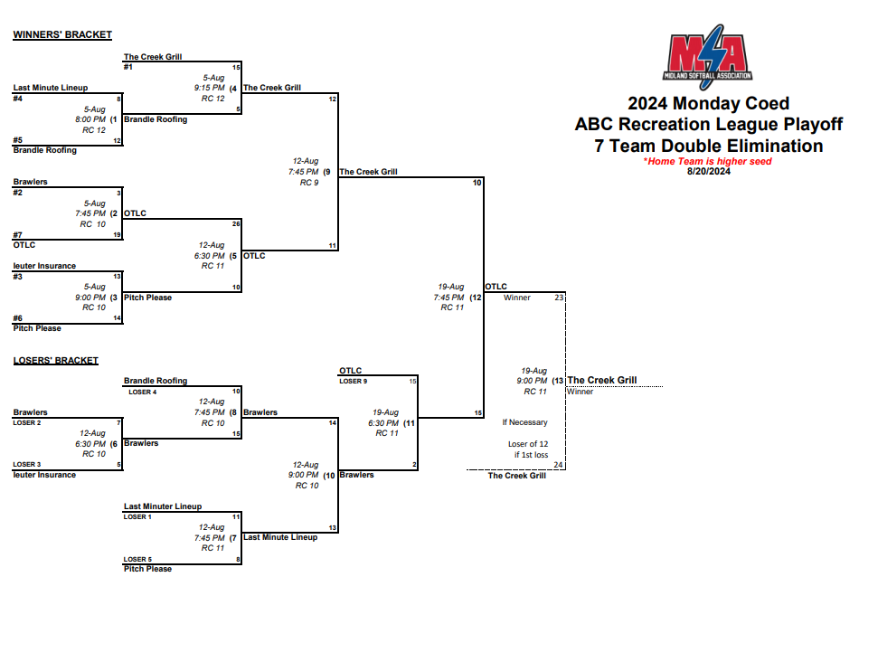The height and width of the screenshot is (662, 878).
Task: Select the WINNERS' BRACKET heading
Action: click(62, 35)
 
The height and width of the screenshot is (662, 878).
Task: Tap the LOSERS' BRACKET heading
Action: click(55, 361)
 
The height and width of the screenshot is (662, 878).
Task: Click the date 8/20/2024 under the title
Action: click(708, 171)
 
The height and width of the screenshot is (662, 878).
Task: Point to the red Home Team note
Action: click(708, 161)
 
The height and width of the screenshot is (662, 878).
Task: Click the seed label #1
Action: click(128, 67)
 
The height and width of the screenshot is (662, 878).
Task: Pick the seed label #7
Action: click(18, 234)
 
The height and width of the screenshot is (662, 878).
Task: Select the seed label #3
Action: click(18, 276)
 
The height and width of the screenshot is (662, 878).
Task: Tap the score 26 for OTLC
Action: click(236, 223)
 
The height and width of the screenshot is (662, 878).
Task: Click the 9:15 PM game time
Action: click(210, 88)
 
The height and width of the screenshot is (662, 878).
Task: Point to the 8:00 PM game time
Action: click(90, 119)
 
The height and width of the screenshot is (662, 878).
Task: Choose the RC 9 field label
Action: click(309, 183)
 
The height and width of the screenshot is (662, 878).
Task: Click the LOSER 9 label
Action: click(354, 381)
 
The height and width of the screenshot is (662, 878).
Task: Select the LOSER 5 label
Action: click(138, 559)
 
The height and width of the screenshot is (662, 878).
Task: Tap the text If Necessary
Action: click(524, 422)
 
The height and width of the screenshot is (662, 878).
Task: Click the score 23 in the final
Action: click(559, 298)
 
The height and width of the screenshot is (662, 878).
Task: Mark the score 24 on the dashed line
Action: click(559, 465)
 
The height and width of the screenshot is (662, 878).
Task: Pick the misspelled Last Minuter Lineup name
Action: click(163, 506)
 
